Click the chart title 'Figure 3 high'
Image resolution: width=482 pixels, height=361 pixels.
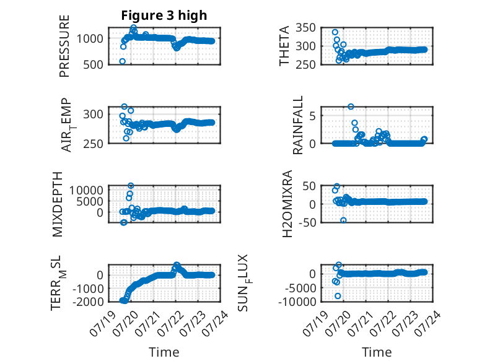[x=164, y=15]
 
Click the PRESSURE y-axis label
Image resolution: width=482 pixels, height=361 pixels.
[x=64, y=46]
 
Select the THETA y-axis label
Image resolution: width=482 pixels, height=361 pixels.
[x=284, y=46]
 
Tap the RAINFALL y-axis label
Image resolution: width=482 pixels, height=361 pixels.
[x=298, y=125]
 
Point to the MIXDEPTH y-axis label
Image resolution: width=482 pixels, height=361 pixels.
[x=58, y=204]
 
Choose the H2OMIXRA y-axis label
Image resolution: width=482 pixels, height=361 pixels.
[x=287, y=204]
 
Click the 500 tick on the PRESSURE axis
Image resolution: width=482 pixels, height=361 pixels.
[x=93, y=65]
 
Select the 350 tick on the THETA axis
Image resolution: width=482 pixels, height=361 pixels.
[x=305, y=28]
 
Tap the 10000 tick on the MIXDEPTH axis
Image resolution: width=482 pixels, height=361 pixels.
[x=86, y=190]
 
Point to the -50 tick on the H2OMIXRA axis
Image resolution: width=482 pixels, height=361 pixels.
[x=308, y=222]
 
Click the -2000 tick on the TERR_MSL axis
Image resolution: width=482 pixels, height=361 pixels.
[x=88, y=302]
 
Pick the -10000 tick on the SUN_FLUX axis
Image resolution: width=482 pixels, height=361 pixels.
[x=297, y=302]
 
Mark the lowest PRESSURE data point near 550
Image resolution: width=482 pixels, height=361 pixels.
[x=122, y=61]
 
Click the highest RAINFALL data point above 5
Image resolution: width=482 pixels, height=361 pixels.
[x=351, y=107]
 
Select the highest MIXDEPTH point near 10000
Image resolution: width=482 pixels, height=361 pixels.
[x=131, y=186]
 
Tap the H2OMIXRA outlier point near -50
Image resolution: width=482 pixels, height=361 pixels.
[x=343, y=220]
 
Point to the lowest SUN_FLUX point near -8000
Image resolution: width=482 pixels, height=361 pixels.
[x=338, y=296]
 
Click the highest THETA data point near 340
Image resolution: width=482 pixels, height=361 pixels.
[x=335, y=32]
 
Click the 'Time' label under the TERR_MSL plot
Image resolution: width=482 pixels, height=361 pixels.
[x=164, y=352]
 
